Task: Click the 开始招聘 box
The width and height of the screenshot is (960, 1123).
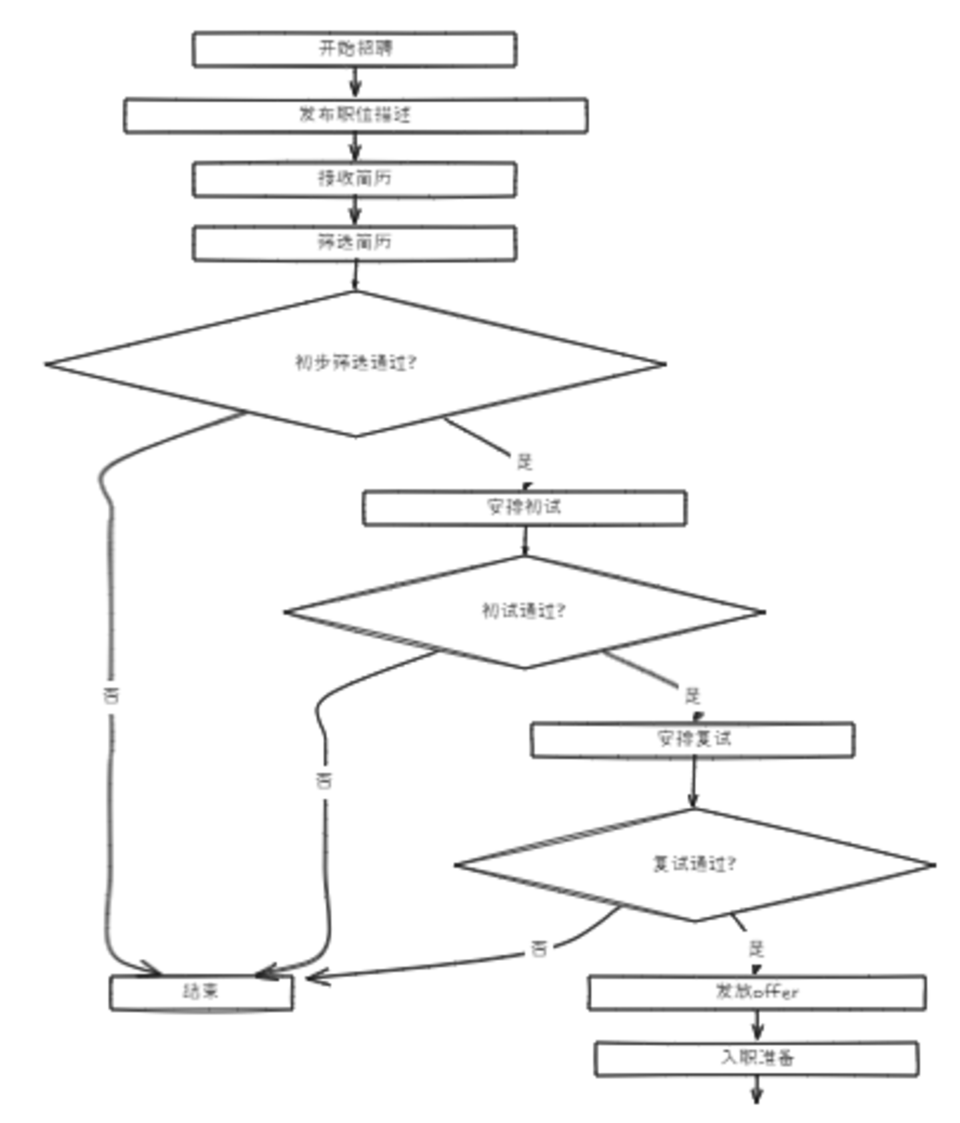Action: click(x=354, y=49)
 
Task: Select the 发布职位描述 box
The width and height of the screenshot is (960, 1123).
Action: click(x=355, y=115)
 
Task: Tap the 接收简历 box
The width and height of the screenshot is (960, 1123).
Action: click(x=354, y=179)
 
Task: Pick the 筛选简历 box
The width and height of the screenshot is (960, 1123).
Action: click(x=354, y=243)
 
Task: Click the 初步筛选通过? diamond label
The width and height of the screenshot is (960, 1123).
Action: click(x=356, y=363)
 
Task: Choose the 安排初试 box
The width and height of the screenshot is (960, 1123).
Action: click(x=524, y=507)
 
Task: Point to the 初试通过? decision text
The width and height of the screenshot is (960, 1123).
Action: click(x=524, y=611)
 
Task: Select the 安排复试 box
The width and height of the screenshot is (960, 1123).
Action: click(x=693, y=739)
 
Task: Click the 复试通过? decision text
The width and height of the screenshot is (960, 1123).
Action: click(x=694, y=864)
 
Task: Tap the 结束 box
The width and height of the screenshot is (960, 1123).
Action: click(x=201, y=992)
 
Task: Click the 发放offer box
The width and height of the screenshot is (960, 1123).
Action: click(x=757, y=992)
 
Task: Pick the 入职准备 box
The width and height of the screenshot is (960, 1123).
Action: click(x=757, y=1058)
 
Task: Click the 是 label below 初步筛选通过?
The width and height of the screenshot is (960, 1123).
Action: click(x=525, y=461)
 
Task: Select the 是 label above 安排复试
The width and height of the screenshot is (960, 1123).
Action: click(x=692, y=696)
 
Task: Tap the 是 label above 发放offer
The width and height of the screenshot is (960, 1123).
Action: click(x=756, y=948)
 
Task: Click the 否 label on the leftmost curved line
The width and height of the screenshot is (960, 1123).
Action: click(x=111, y=696)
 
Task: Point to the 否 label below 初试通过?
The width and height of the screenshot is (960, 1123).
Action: click(x=324, y=780)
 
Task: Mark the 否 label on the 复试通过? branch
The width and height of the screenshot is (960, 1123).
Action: click(x=539, y=948)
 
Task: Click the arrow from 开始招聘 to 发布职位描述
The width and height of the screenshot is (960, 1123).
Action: click(x=355, y=83)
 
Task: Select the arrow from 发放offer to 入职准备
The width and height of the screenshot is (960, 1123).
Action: click(x=757, y=1026)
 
